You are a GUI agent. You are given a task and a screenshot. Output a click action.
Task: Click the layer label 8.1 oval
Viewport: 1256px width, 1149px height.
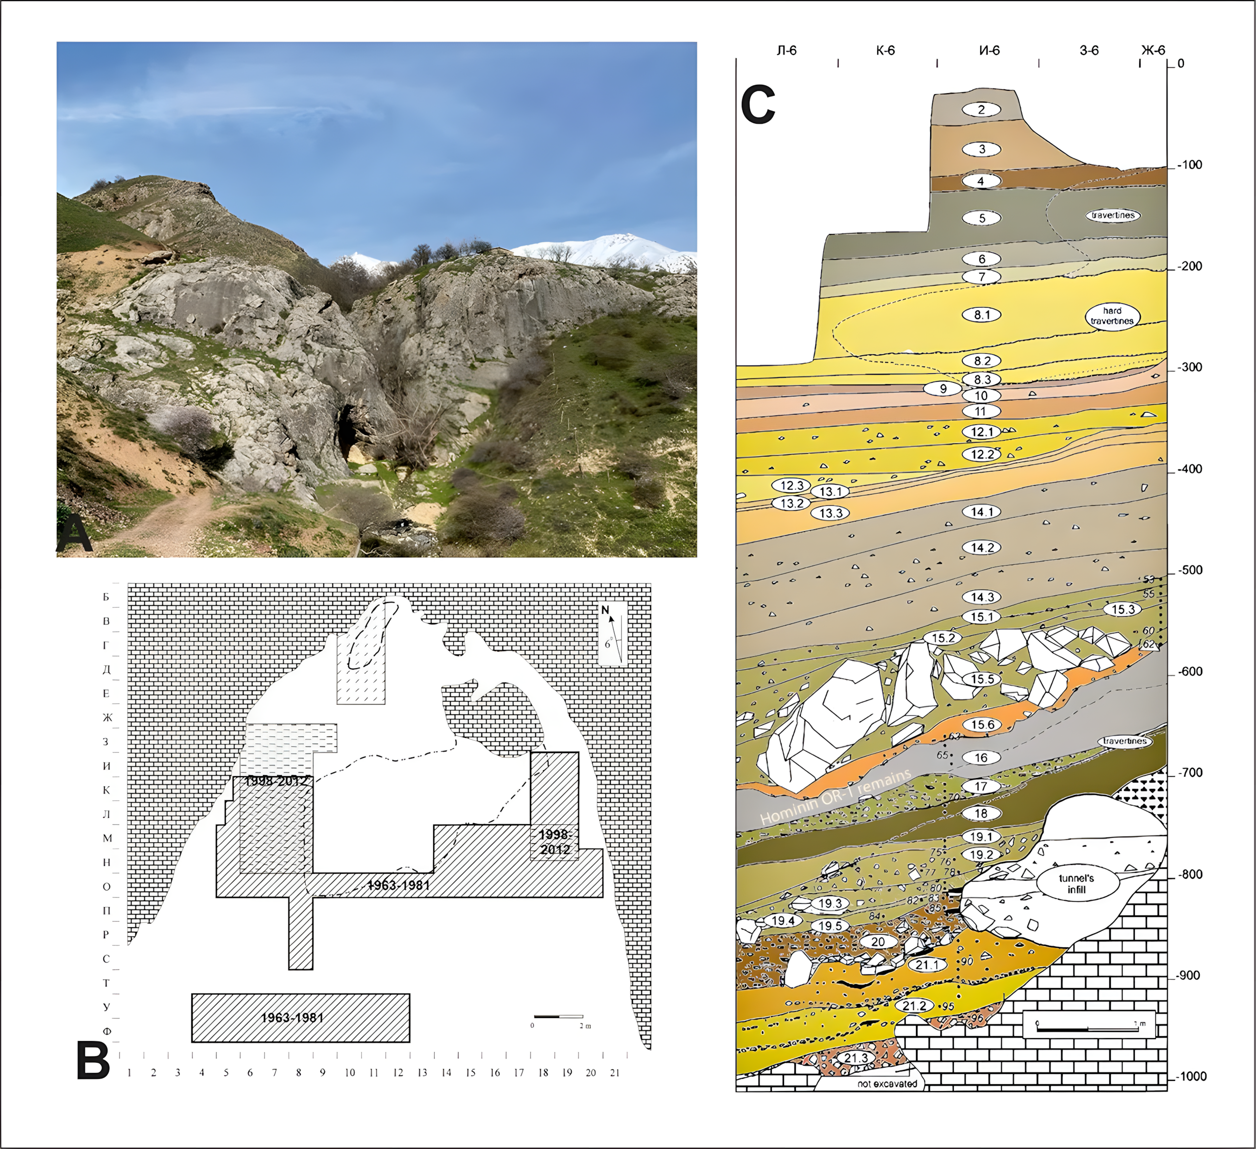click(982, 314)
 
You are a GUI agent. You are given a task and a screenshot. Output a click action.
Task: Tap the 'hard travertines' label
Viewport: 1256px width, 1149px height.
click(1112, 316)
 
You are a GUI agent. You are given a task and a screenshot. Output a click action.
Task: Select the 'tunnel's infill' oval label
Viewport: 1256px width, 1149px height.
click(1076, 884)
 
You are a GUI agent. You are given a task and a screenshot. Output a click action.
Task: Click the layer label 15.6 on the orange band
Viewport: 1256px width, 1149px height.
click(982, 724)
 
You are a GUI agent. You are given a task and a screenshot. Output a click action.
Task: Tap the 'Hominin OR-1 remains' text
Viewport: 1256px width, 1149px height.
click(836, 797)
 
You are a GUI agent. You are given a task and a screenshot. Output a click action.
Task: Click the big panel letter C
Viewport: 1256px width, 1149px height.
click(758, 104)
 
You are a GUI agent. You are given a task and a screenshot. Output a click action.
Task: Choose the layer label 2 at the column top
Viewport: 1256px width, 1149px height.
click(981, 110)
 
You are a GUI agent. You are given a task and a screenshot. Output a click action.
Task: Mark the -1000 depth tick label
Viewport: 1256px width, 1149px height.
click(1191, 1077)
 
